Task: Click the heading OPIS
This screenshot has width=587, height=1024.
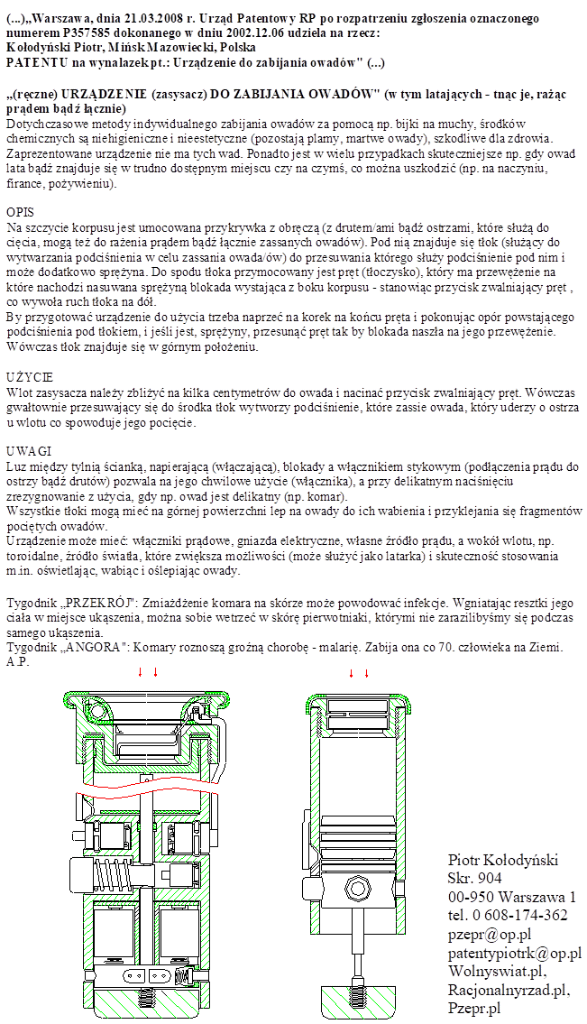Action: point(20,210)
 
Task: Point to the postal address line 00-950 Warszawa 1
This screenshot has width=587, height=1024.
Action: point(511,897)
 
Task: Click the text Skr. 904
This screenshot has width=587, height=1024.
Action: point(474,878)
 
